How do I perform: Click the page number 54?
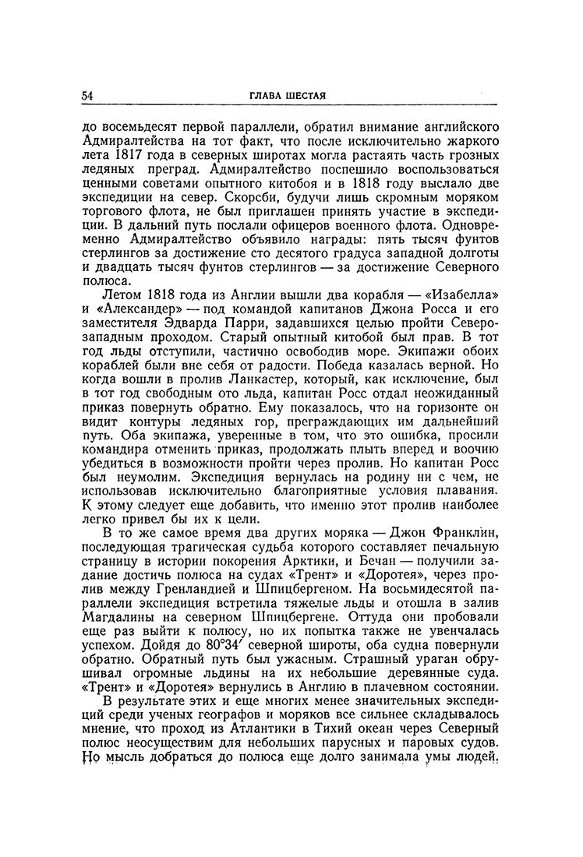pos(87,96)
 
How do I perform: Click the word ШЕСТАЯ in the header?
pos(305,96)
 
